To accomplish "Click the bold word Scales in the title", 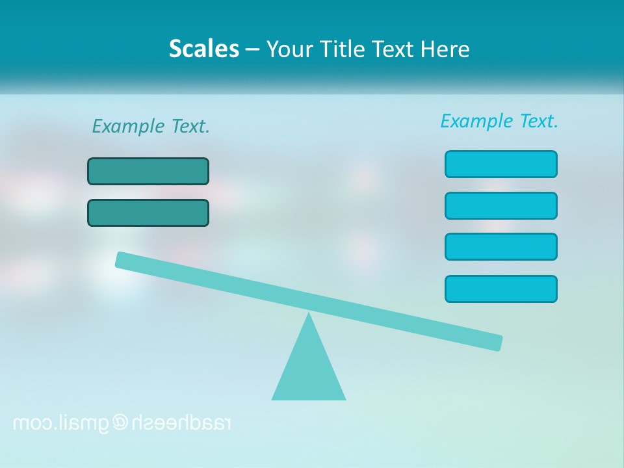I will tap(203, 49).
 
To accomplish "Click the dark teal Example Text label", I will tap(151, 126).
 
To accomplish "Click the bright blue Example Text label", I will tap(499, 121).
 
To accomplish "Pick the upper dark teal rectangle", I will tap(148, 171).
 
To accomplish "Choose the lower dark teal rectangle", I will tap(148, 213).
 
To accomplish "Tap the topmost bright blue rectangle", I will tap(500, 164).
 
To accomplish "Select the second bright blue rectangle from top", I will tap(500, 205).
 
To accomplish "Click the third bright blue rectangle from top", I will tap(500, 246).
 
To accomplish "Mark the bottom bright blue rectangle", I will tap(500, 289).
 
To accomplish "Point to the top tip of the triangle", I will tap(309, 316).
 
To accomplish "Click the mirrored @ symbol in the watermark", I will tap(121, 422).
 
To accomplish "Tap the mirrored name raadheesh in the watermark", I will tap(181, 422).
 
